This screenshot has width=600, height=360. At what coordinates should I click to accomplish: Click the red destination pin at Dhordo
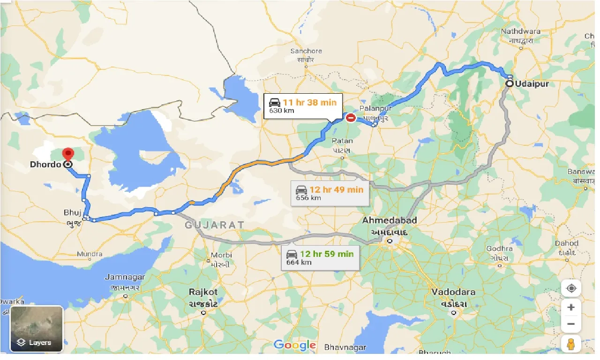click(68, 154)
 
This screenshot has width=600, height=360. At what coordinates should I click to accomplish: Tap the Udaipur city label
click(532, 84)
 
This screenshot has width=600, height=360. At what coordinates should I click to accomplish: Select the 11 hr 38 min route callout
click(303, 106)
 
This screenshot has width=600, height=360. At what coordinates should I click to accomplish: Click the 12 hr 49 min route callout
click(330, 193)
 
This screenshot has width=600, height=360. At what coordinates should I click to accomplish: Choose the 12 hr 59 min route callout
click(321, 258)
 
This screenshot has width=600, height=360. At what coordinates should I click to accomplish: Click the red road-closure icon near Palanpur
click(351, 118)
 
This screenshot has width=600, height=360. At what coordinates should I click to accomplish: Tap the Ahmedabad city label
click(390, 220)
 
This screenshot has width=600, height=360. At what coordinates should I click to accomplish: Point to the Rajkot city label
click(203, 292)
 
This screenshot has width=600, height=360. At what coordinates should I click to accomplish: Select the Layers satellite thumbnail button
click(37, 329)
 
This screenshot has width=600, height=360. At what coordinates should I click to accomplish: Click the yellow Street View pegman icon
click(570, 345)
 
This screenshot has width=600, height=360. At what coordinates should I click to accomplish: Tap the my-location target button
click(570, 288)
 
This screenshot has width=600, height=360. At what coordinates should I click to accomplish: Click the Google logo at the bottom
click(294, 345)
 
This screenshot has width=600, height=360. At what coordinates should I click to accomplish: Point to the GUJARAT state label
click(215, 225)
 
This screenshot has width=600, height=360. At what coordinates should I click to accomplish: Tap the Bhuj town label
click(73, 213)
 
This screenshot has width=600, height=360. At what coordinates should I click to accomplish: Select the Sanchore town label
click(306, 51)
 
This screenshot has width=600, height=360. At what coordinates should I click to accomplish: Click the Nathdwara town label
click(520, 31)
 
